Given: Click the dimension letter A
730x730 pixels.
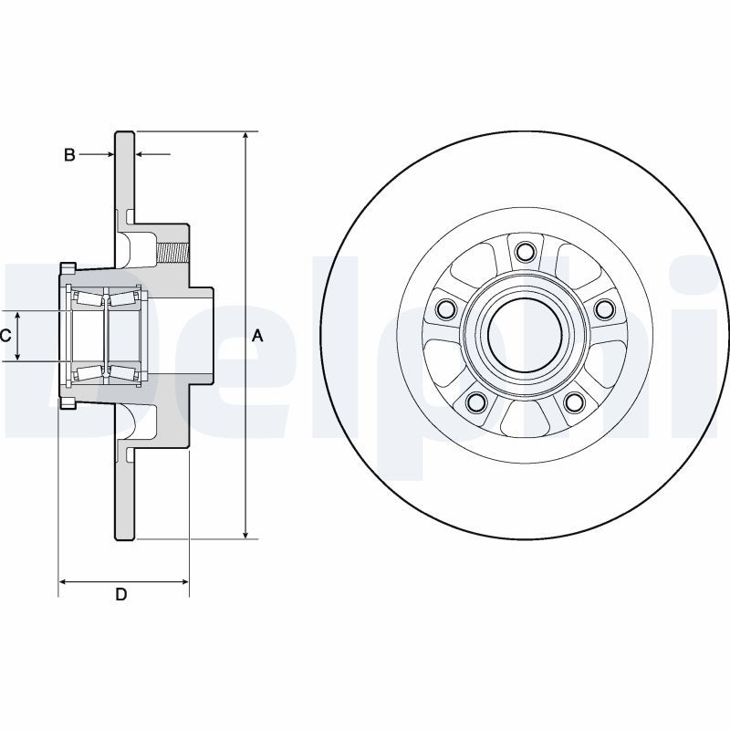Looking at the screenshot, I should [257, 336].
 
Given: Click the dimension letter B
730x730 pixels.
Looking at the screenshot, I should [69, 155].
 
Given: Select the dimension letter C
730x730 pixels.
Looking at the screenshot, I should [5, 336].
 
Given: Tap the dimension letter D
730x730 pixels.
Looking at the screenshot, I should [120, 595].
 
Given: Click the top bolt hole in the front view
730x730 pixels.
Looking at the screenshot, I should [524, 252].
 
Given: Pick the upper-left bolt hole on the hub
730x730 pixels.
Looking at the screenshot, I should [446, 309].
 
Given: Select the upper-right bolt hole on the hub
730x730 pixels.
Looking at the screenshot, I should [603, 309].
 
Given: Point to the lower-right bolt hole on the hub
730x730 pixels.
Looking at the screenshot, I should [573, 401].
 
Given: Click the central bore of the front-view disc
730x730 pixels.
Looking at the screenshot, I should [524, 335].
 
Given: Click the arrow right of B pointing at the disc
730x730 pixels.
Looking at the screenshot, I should [141, 155].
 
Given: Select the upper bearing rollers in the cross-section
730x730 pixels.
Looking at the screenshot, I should [105, 298].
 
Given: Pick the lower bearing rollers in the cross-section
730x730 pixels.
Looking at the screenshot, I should [105, 370].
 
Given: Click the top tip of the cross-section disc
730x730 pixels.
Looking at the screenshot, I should [125, 133].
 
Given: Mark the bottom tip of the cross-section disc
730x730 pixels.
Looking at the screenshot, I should [125, 537].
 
